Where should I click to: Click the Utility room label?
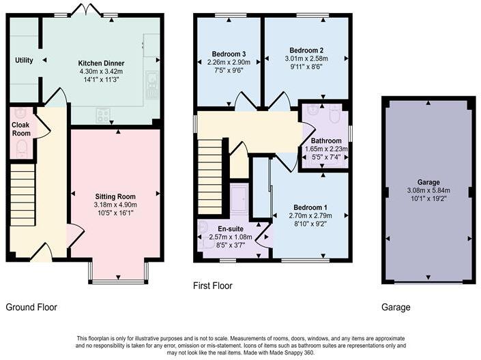click(x=24, y=61)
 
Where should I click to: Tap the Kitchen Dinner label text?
click(x=100, y=62)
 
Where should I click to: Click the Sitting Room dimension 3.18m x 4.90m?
click(x=115, y=205)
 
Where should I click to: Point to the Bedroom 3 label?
click(x=226, y=54)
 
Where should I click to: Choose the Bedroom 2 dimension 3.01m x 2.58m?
click(x=306, y=59)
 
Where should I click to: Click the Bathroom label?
click(x=325, y=140)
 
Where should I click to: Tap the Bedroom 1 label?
click(x=310, y=207)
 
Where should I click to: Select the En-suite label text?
click(x=230, y=228)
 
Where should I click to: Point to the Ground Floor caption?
click(x=31, y=307)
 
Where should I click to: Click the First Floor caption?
click(x=212, y=286)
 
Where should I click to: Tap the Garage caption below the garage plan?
click(x=396, y=307)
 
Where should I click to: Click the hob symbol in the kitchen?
click(x=103, y=115)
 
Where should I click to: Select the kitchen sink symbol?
click(x=151, y=84)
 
